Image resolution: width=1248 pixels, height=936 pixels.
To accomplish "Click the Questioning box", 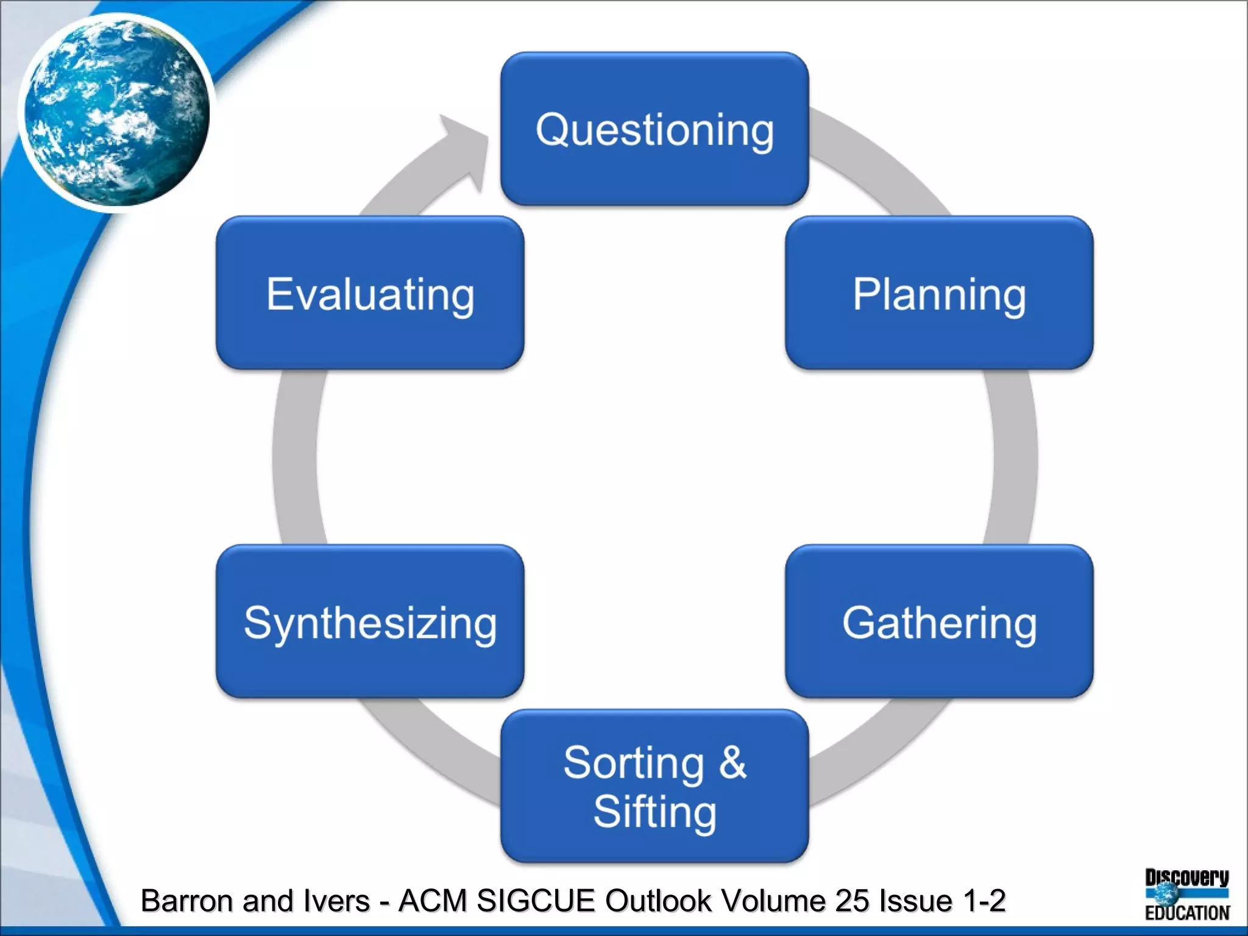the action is click(654, 129).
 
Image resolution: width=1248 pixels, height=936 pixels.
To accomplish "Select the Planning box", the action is click(939, 293).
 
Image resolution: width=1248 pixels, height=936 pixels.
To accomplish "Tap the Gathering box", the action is click(939, 622).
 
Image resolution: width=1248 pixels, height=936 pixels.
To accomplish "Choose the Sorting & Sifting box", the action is click(654, 785).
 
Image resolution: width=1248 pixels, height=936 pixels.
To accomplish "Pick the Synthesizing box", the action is click(370, 622).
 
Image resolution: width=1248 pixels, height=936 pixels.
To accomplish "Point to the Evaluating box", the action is click(370, 293).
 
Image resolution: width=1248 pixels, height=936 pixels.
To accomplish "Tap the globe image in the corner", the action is click(116, 112).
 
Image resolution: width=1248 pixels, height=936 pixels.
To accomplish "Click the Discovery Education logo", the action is click(1186, 894).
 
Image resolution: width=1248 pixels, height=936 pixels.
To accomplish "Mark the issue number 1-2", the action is click(984, 901).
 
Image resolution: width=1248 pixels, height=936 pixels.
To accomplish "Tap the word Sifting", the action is click(654, 812).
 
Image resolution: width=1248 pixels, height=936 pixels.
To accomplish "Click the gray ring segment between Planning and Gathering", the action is click(1014, 457).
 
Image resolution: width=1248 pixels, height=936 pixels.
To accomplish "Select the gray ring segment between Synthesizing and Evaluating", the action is click(295, 457).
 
